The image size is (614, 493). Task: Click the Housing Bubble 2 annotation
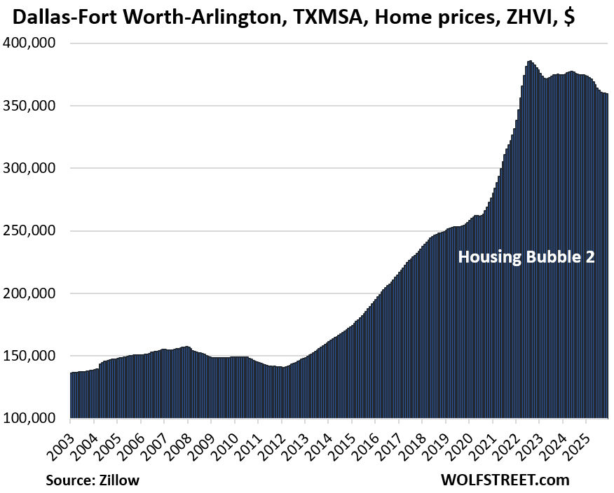[x=526, y=257]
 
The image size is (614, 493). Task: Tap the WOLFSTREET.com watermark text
[x=504, y=480]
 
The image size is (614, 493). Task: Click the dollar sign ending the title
[x=568, y=17]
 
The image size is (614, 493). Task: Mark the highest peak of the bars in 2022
[x=530, y=62]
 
